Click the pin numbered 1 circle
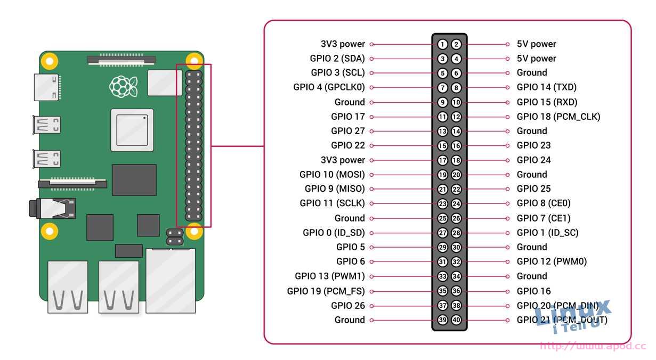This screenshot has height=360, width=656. (x=443, y=44)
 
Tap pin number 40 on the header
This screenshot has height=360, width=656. (x=456, y=320)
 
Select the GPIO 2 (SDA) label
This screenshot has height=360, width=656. (x=337, y=59)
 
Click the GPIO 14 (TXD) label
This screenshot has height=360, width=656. (x=546, y=87)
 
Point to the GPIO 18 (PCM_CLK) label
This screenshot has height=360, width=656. (x=558, y=117)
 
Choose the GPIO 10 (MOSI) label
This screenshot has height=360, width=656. (x=332, y=175)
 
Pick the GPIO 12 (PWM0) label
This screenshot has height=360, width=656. (x=552, y=261)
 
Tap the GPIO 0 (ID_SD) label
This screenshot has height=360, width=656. (x=334, y=233)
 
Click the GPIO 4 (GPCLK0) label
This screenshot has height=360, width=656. (x=329, y=87)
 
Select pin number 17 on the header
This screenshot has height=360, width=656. (x=443, y=160)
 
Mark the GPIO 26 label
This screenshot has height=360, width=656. (x=348, y=306)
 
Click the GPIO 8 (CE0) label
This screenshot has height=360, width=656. (x=544, y=203)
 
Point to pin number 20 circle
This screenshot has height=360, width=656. (x=456, y=175)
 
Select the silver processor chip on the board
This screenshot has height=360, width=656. (x=132, y=130)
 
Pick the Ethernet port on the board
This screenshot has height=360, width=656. (x=171, y=281)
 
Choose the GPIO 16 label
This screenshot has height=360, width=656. (x=533, y=291)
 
